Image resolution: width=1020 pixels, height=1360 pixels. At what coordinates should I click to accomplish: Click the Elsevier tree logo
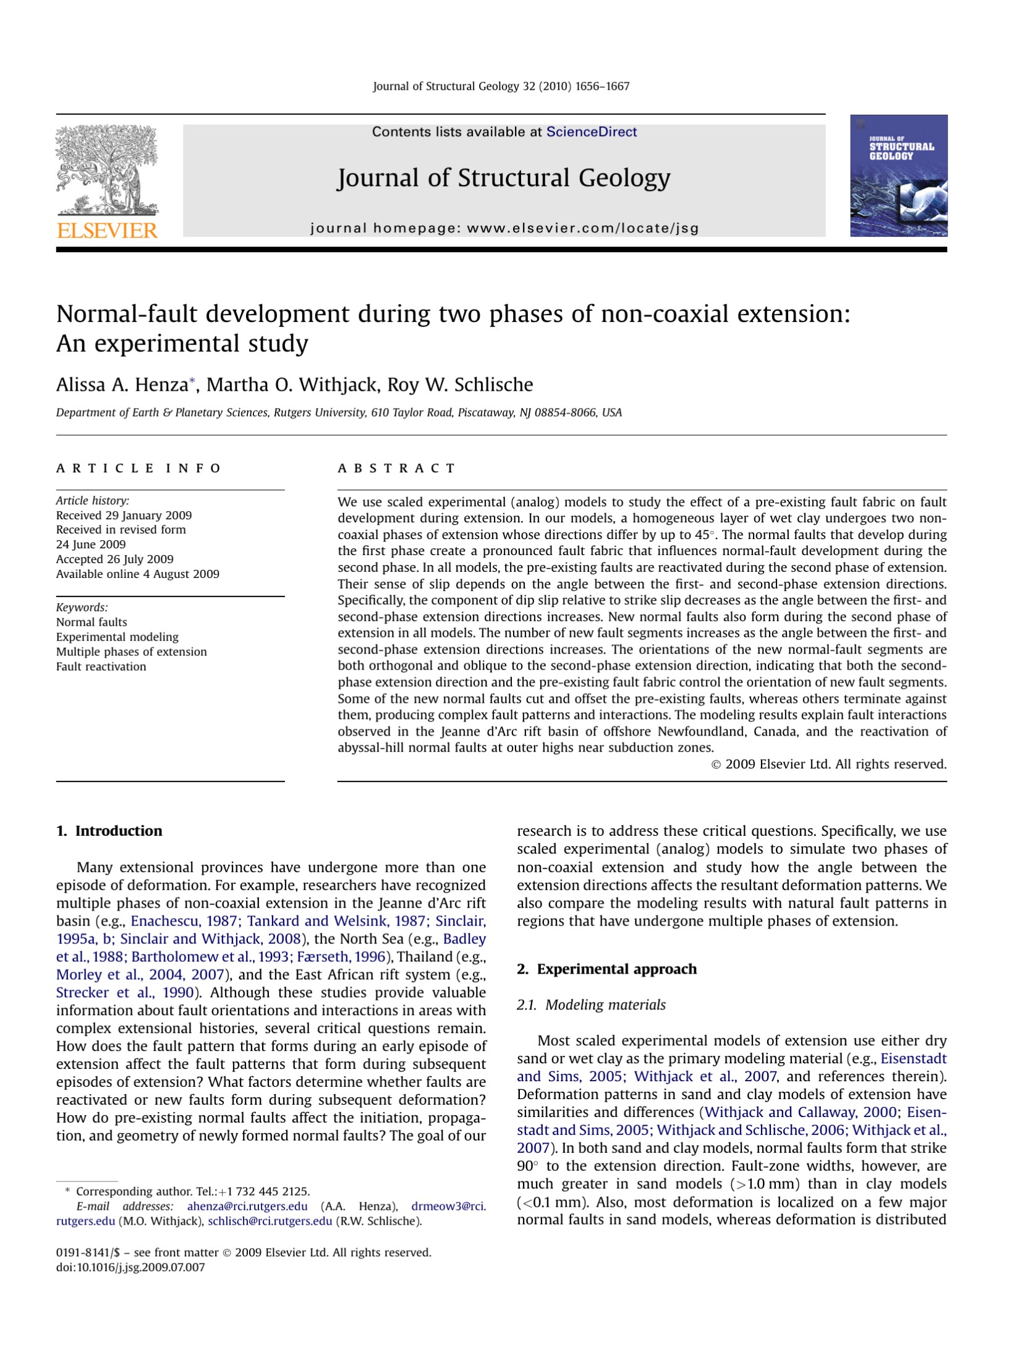point(106,170)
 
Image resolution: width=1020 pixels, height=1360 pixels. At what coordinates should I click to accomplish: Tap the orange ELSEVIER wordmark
point(107,231)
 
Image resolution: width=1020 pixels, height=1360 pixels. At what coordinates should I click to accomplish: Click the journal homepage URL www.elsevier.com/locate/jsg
point(582,228)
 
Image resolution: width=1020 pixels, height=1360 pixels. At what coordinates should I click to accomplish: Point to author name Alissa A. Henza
point(122,385)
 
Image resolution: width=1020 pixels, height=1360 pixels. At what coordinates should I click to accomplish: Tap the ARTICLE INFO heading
point(138,468)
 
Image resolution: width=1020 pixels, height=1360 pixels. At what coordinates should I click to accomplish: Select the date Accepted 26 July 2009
point(115,559)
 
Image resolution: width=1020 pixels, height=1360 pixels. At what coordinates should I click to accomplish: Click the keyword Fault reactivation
point(101,666)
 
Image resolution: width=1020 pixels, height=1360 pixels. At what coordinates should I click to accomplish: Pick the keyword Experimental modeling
point(117,637)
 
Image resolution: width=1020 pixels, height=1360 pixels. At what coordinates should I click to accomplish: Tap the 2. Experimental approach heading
point(606,969)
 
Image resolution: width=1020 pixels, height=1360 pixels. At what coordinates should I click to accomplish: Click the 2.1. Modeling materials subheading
point(591,1005)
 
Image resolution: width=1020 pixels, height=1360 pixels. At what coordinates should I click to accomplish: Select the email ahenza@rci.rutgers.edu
point(247,1206)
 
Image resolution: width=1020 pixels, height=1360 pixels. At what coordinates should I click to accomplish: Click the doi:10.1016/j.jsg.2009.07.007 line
point(130,1267)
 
